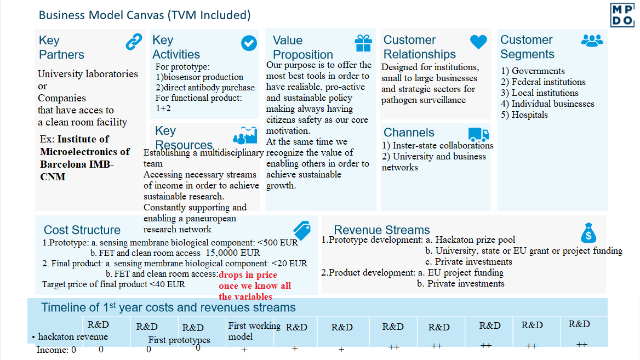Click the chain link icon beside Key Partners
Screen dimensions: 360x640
(134, 42)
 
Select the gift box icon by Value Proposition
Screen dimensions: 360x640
(363, 42)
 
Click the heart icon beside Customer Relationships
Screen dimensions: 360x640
(478, 42)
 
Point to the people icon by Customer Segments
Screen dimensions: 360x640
(592, 40)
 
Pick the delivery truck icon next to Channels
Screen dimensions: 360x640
(478, 134)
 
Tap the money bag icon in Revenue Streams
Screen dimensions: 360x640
(588, 233)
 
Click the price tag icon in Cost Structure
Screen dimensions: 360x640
(302, 229)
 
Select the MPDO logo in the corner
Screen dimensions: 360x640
(623, 14)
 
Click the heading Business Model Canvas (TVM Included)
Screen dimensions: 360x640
(145, 15)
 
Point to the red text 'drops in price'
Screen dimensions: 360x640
(248, 275)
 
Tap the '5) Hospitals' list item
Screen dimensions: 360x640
(524, 115)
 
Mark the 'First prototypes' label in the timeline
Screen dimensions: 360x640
(179, 340)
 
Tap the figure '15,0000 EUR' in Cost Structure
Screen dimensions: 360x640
(233, 253)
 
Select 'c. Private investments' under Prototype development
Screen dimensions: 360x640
(468, 261)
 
